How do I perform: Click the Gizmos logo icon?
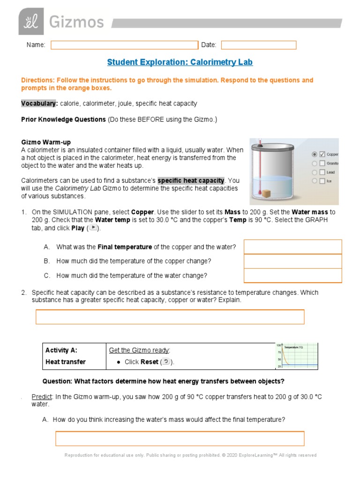coord(31,21)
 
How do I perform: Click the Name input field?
coord(124,45)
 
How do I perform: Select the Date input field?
coord(258,45)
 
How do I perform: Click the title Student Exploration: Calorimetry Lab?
coord(180,62)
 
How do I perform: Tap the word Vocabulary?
coord(39,104)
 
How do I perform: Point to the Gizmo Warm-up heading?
coord(46,142)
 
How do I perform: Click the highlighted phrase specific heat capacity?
coord(191,180)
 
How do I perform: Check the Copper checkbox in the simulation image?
coord(322,154)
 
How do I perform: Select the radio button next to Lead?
coord(314,172)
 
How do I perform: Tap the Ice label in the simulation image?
coord(329,181)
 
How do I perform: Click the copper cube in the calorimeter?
coord(280,193)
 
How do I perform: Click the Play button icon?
coord(93,228)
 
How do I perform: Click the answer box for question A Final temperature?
coord(292,247)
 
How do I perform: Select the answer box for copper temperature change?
coord(292,261)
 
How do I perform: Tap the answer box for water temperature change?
coord(292,276)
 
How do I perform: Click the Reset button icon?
coord(166,362)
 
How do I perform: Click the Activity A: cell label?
coord(61,350)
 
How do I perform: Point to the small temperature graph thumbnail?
coord(297,356)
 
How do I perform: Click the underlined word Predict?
coord(41,397)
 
